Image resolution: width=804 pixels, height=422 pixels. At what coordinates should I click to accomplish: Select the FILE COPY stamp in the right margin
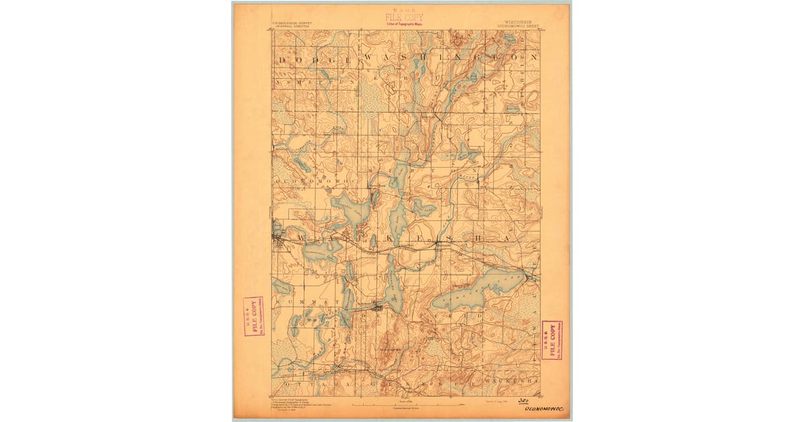pyautogui.click(x=552, y=340)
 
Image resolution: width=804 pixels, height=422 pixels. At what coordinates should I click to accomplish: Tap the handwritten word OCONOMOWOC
pyautogui.click(x=544, y=407)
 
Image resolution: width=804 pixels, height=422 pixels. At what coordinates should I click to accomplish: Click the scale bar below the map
pyautogui.click(x=406, y=405)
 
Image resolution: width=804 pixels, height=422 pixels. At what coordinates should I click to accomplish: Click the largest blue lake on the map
pyautogui.click(x=469, y=295)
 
